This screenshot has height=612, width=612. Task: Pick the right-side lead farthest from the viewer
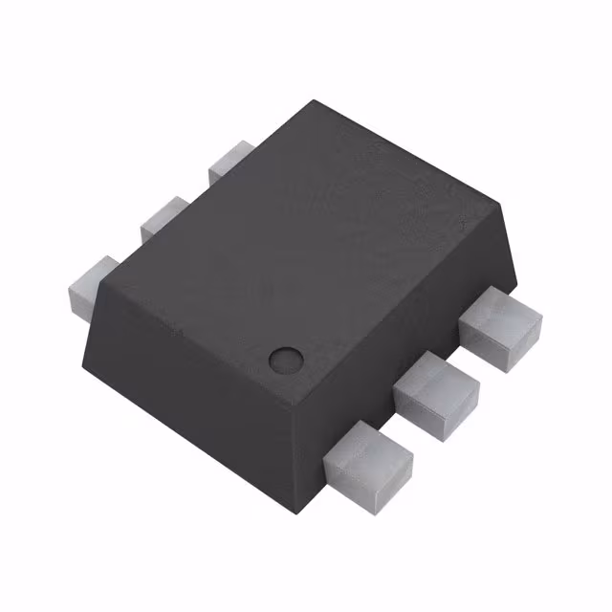click(498, 327)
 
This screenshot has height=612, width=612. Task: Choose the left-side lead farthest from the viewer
click(230, 161)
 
